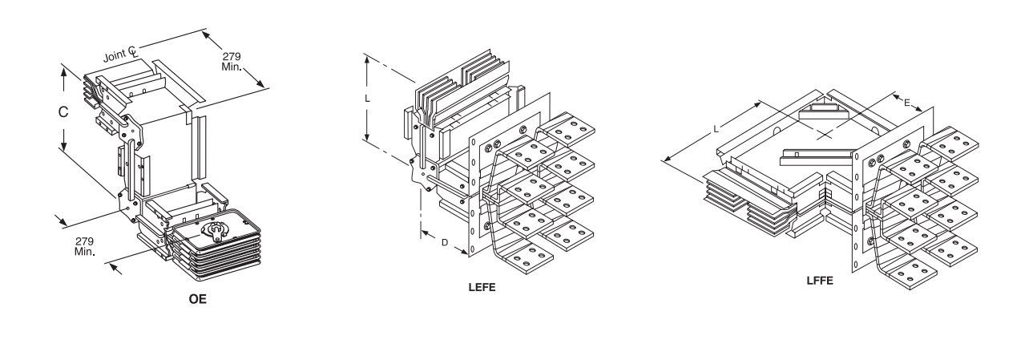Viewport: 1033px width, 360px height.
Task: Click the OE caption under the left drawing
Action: point(197,299)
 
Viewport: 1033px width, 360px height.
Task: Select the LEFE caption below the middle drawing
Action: point(482,288)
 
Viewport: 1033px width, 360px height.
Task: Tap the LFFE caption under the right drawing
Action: point(820,281)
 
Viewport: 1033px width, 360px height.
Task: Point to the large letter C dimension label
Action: point(63,111)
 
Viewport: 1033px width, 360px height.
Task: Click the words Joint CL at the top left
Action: point(120,54)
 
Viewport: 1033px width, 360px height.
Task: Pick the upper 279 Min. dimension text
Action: point(232,62)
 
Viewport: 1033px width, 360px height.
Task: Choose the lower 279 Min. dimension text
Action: point(84,246)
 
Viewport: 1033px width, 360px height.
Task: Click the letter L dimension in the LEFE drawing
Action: point(367,99)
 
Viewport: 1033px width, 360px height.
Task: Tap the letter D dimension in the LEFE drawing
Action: point(445,242)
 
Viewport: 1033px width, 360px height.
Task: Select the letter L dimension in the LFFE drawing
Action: point(716,129)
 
